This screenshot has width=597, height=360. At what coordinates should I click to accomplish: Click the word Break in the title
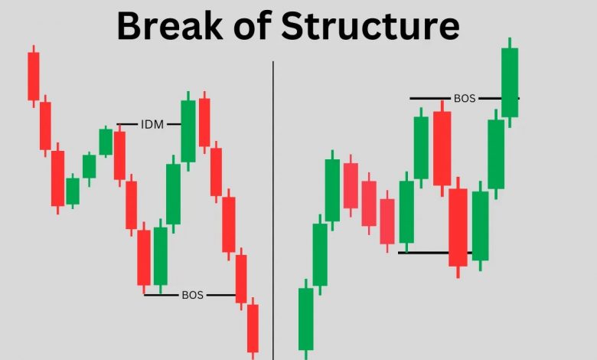click(170, 26)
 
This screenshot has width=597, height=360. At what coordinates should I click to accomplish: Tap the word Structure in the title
click(370, 26)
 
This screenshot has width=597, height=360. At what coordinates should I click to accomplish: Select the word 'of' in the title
click(252, 26)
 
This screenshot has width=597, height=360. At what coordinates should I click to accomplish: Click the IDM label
click(152, 124)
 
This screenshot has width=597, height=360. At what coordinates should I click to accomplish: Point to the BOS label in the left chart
click(192, 295)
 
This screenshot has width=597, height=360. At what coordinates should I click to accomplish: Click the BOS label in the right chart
click(465, 98)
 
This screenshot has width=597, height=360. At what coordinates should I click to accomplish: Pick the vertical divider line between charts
click(273, 211)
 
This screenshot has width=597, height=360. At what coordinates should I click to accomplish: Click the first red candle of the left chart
click(34, 76)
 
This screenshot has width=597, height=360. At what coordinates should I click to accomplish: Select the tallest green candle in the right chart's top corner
click(510, 83)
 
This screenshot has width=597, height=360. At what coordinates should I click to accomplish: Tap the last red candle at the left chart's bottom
click(253, 329)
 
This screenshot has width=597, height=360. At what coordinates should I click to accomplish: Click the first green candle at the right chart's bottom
click(305, 319)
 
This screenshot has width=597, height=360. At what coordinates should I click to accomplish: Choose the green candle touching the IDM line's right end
click(188, 131)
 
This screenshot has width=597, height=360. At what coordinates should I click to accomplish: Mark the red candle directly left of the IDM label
click(119, 155)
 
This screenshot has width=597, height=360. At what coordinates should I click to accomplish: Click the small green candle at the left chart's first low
click(73, 191)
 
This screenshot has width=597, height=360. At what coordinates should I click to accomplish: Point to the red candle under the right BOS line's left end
click(442, 148)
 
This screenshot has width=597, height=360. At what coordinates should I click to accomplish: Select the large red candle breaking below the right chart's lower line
click(458, 227)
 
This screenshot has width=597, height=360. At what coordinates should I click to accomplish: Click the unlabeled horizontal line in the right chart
click(436, 253)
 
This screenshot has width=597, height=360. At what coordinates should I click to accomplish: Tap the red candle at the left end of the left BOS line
click(144, 257)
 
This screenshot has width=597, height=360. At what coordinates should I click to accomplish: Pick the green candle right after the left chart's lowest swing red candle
click(160, 256)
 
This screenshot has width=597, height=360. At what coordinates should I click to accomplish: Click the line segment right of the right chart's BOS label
click(499, 98)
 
